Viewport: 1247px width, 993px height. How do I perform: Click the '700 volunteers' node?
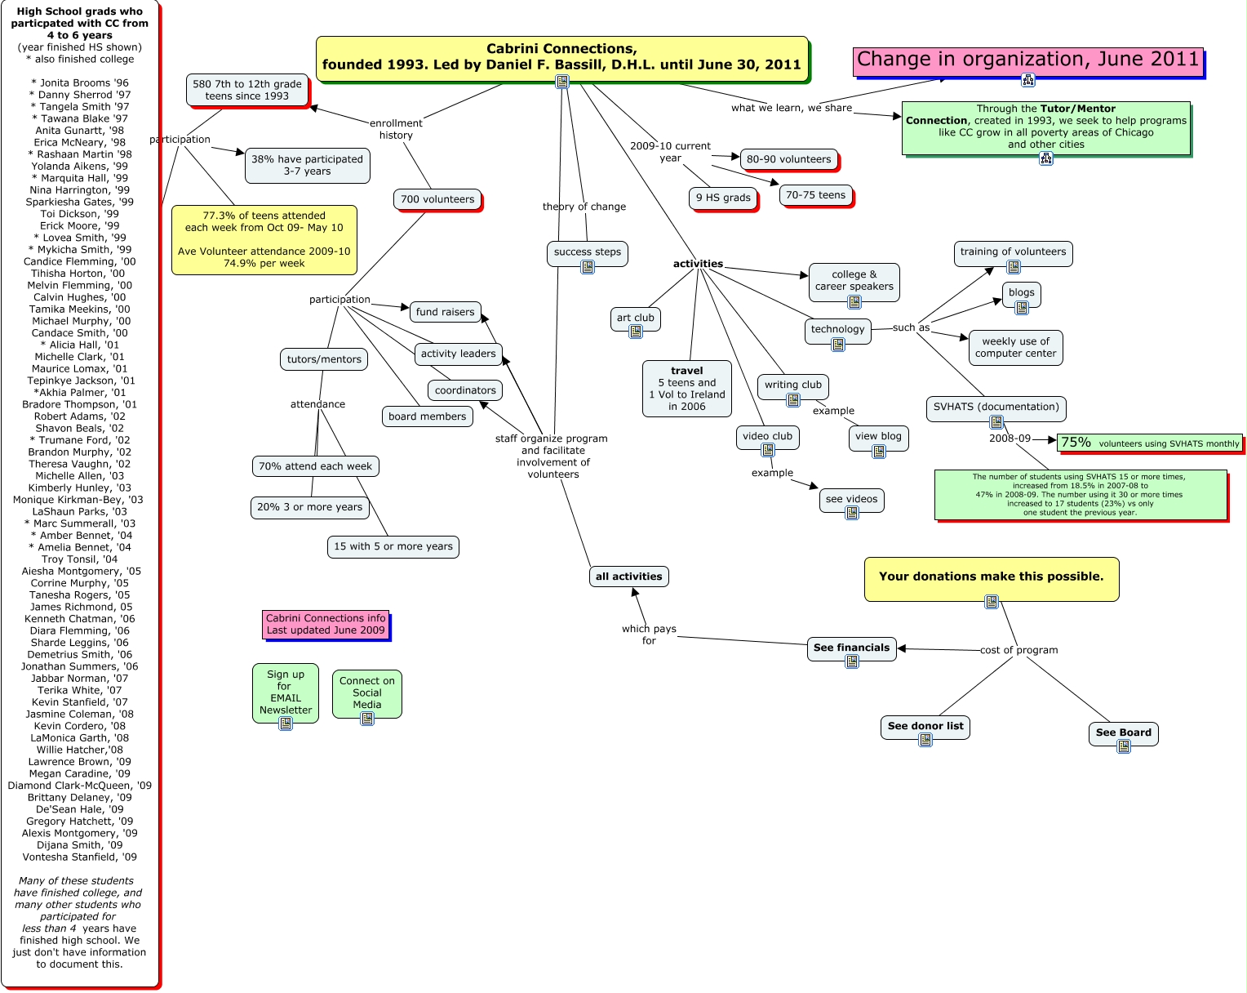437,199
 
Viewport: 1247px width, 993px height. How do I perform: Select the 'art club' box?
636,317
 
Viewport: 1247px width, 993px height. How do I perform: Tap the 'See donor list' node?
925,726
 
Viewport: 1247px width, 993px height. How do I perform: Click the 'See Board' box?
1123,733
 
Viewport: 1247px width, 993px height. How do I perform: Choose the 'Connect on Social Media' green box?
367,692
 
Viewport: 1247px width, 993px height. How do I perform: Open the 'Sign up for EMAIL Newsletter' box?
286,692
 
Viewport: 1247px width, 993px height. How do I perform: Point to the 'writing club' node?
793,385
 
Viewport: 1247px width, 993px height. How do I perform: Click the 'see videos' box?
851,499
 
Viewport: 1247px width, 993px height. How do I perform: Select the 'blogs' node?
1021,292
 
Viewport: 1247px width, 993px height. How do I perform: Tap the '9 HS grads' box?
723,198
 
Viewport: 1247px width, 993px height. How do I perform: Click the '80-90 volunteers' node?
788,159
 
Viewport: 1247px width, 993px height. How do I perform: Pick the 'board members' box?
428,416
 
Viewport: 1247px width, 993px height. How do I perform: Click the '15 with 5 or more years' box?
393,546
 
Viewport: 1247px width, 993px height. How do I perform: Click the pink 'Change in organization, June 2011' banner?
1027,60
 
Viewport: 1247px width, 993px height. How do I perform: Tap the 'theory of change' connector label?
584,207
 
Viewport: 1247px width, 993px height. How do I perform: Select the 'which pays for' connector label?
649,635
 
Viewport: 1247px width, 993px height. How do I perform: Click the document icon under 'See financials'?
852,661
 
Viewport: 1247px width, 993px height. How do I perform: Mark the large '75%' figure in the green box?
1076,443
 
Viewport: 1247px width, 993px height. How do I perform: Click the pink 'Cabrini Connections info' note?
326,624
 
